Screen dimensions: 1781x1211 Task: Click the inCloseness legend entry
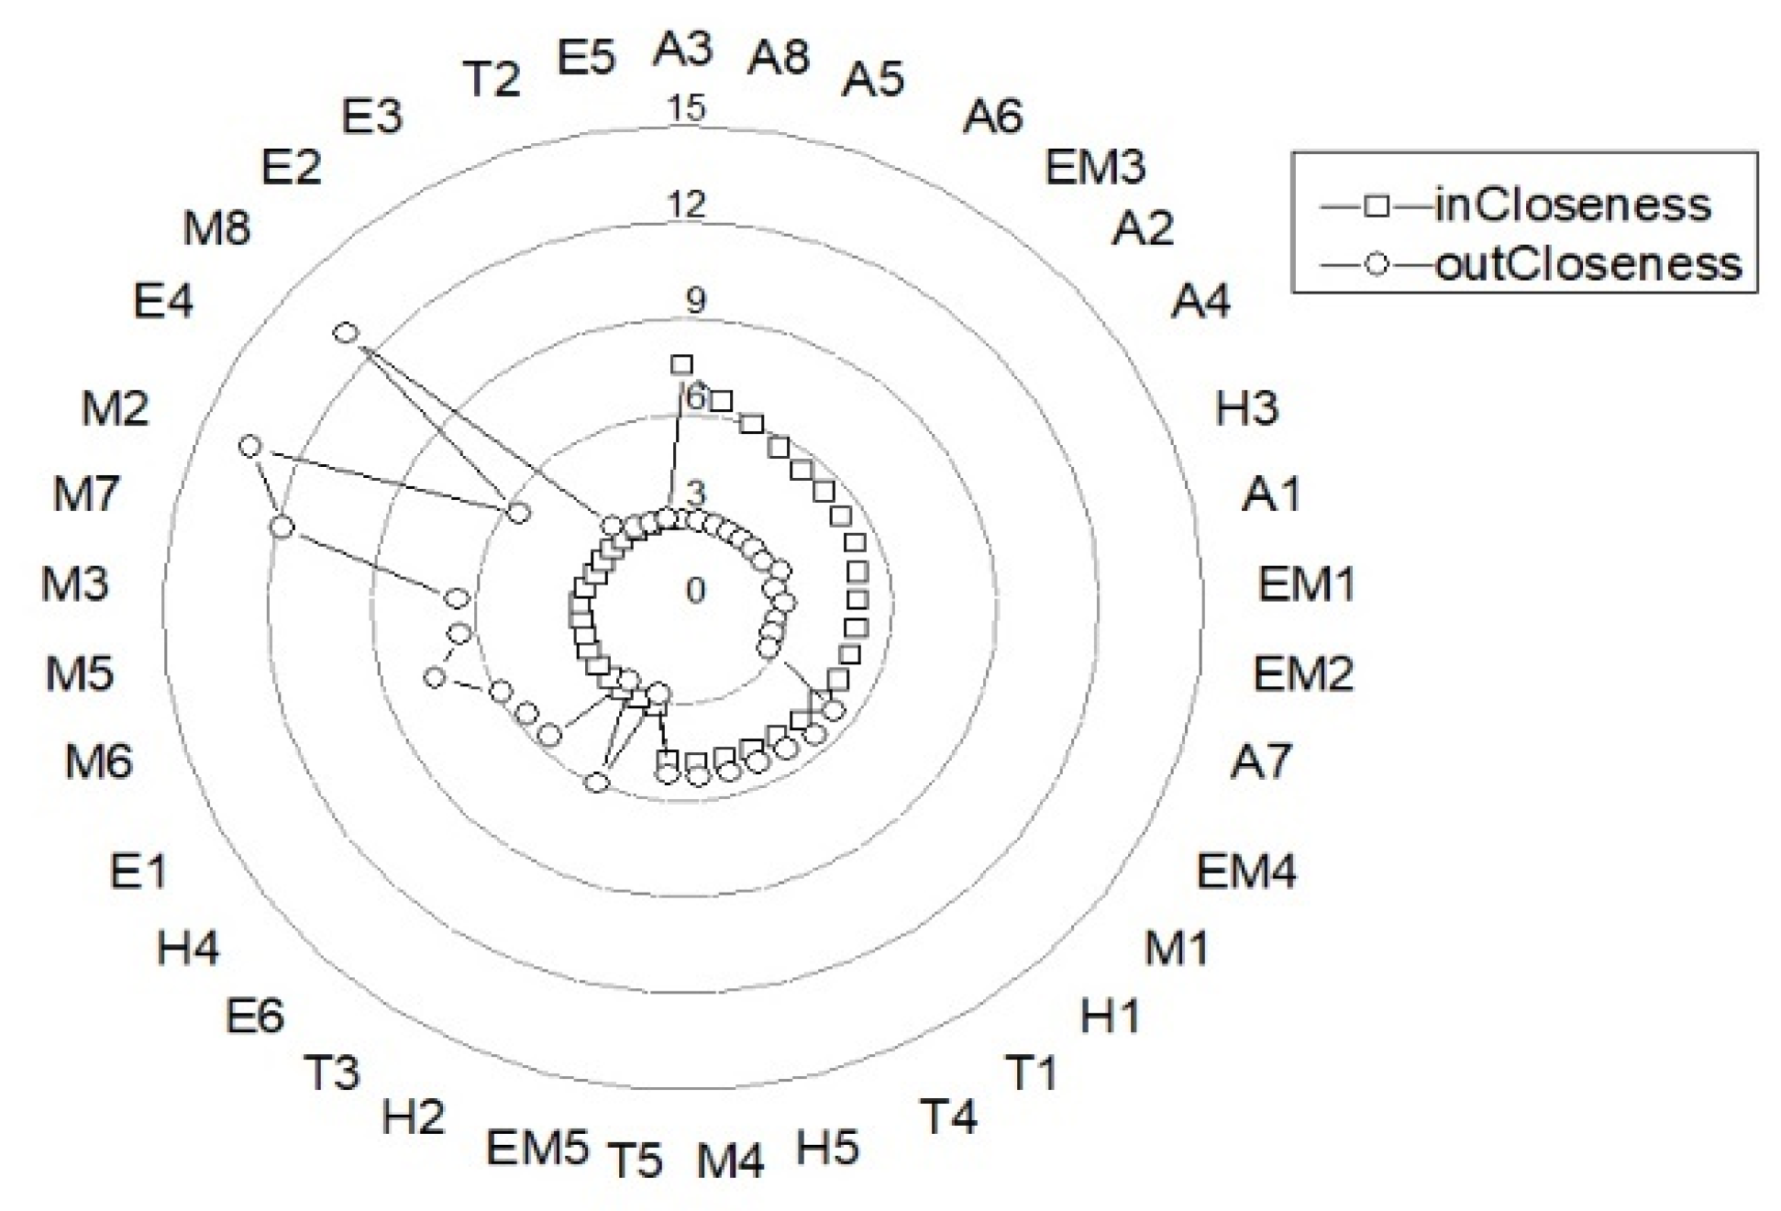pyautogui.click(x=1515, y=206)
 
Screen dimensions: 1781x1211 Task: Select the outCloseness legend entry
pyautogui.click(x=1531, y=265)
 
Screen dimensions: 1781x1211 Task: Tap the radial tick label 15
pyautogui.click(x=686, y=108)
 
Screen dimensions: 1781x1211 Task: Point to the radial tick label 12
pyautogui.click(x=686, y=204)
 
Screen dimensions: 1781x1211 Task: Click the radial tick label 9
pyautogui.click(x=696, y=301)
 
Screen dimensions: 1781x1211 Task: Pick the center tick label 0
pyautogui.click(x=695, y=591)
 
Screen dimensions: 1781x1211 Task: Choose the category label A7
pyautogui.click(x=1261, y=761)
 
